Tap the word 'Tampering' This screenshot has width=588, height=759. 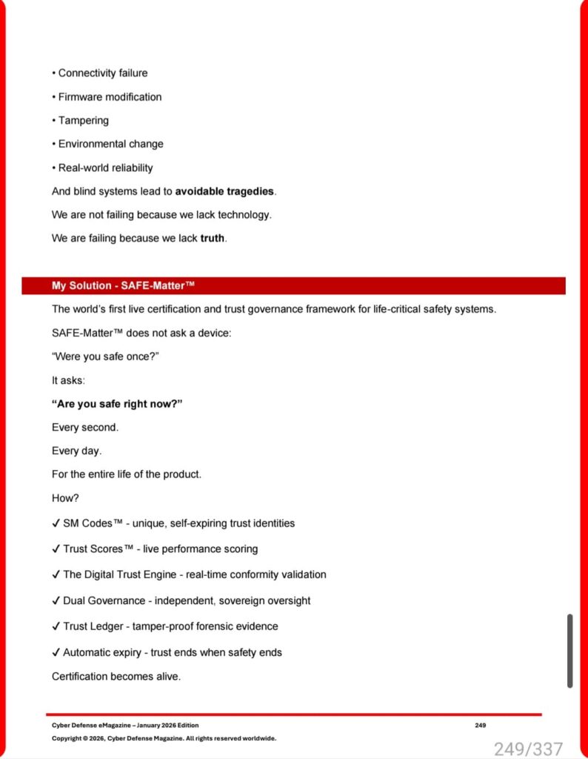(x=84, y=121)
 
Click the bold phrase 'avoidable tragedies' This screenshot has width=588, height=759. (x=224, y=191)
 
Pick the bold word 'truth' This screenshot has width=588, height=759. (x=212, y=239)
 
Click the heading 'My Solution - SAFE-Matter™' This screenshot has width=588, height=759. (x=123, y=286)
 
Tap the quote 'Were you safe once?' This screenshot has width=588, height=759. (x=106, y=357)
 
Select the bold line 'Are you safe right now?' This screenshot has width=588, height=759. (x=117, y=404)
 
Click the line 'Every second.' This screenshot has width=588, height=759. (x=85, y=428)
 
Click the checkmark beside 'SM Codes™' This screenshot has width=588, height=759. (x=56, y=523)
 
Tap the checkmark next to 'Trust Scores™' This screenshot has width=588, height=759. (x=56, y=549)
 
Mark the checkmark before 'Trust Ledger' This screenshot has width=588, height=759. (x=56, y=626)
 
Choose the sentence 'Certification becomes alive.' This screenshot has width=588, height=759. (x=116, y=677)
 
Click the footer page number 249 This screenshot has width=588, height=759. (x=481, y=725)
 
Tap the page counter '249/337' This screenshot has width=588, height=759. (x=528, y=749)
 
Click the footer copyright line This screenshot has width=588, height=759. (x=164, y=738)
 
